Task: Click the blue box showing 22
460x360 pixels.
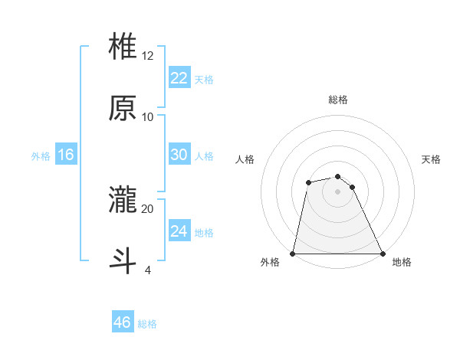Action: click(x=179, y=78)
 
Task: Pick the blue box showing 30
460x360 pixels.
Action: click(x=179, y=155)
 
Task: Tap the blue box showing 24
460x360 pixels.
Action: click(x=179, y=231)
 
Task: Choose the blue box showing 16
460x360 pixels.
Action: click(x=65, y=155)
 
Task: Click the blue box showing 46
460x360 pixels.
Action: click(x=123, y=322)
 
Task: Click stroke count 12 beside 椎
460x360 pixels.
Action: click(x=148, y=55)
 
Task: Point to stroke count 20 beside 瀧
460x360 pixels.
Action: click(x=148, y=208)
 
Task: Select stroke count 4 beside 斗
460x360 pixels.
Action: click(x=148, y=270)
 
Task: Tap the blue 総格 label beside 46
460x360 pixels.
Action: click(x=147, y=324)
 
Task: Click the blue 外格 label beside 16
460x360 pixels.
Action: click(x=41, y=155)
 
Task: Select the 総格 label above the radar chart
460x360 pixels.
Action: click(x=338, y=100)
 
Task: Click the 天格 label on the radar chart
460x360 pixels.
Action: click(x=432, y=159)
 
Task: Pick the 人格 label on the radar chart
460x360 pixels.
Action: click(x=245, y=159)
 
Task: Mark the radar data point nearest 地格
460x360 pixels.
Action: click(x=382, y=253)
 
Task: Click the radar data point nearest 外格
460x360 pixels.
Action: click(x=293, y=253)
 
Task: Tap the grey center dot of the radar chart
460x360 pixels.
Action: click(x=337, y=191)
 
